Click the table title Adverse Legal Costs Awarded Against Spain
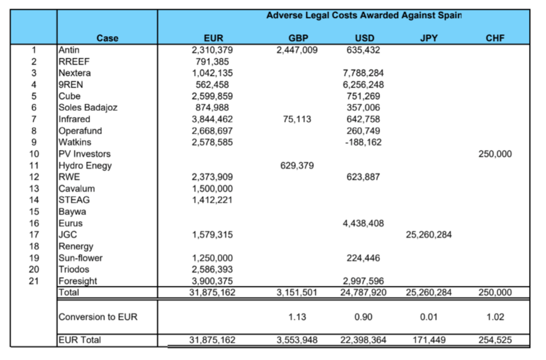[364, 15]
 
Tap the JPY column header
[429, 38]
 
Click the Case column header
[107, 38]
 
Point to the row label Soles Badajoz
[88, 107]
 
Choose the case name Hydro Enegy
[85, 165]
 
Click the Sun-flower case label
[80, 258]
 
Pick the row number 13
[34, 189]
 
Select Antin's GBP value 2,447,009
[297, 50]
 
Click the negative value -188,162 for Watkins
[363, 142]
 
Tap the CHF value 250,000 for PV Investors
[494, 154]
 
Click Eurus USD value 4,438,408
[363, 223]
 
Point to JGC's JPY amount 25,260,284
[429, 235]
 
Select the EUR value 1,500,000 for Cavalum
[213, 189]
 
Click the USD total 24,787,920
[363, 292]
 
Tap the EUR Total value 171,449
[429, 339]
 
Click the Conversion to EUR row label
[98, 317]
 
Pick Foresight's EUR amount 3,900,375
[213, 281]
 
